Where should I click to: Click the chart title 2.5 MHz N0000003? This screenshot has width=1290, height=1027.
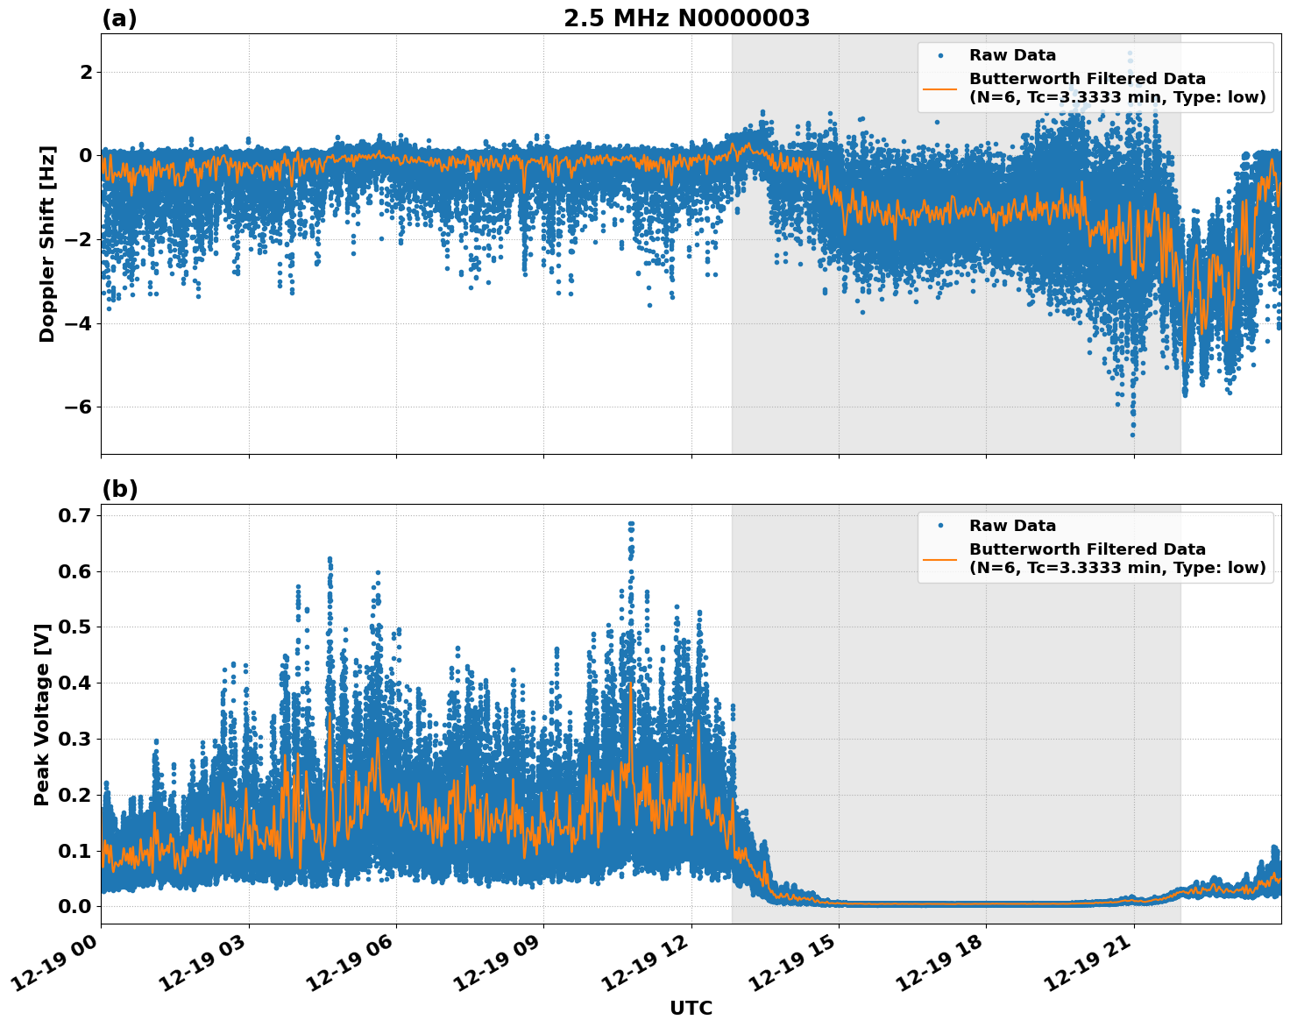pyautogui.click(x=686, y=18)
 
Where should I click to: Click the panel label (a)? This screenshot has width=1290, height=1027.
pyautogui.click(x=119, y=18)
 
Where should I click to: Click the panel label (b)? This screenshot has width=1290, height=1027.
pyautogui.click(x=119, y=489)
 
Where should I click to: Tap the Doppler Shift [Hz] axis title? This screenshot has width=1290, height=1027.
pyautogui.click(x=47, y=244)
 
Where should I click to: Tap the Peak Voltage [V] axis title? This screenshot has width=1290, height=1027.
pyautogui.click(x=42, y=714)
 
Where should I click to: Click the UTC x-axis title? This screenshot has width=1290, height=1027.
pyautogui.click(x=691, y=1009)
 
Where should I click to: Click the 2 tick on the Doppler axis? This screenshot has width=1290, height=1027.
pyautogui.click(x=86, y=72)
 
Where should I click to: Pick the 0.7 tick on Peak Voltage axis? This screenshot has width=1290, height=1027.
pyautogui.click(x=74, y=515)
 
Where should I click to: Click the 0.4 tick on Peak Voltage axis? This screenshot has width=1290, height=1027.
pyautogui.click(x=74, y=683)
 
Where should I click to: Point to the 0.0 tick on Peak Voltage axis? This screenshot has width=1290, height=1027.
pyautogui.click(x=74, y=906)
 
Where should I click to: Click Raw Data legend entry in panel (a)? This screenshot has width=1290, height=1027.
pyautogui.click(x=1012, y=55)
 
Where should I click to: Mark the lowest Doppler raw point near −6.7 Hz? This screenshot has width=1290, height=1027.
pyautogui.click(x=1132, y=435)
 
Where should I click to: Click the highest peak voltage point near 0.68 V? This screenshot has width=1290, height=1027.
pyautogui.click(x=631, y=524)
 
